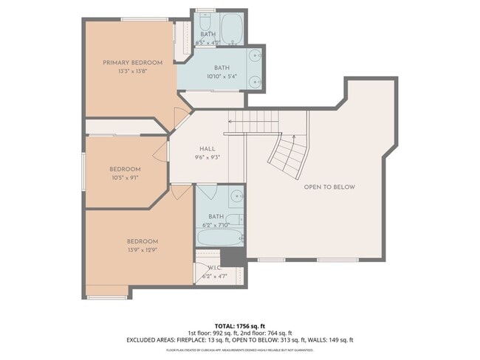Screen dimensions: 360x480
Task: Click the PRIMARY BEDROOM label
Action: tap(132, 63)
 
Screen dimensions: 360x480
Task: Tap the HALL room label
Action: tap(208, 148)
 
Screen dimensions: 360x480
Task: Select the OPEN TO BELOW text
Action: tap(329, 187)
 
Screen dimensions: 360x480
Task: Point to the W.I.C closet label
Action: tap(214, 268)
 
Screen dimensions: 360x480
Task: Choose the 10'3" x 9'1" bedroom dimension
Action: tap(125, 177)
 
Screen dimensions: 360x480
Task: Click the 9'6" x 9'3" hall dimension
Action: tap(208, 156)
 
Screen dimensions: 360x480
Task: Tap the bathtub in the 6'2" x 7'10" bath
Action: tap(220, 238)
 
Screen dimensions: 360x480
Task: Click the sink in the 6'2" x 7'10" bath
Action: tap(236, 196)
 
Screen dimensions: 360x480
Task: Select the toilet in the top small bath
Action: tap(205, 23)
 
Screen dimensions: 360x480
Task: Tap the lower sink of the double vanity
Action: tap(255, 81)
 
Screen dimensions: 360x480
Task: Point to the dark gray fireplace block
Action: tap(233, 257)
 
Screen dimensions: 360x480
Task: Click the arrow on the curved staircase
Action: tap(294, 137)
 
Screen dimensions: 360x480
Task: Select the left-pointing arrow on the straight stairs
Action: tap(230, 122)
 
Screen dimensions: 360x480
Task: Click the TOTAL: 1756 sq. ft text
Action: tap(240, 325)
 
